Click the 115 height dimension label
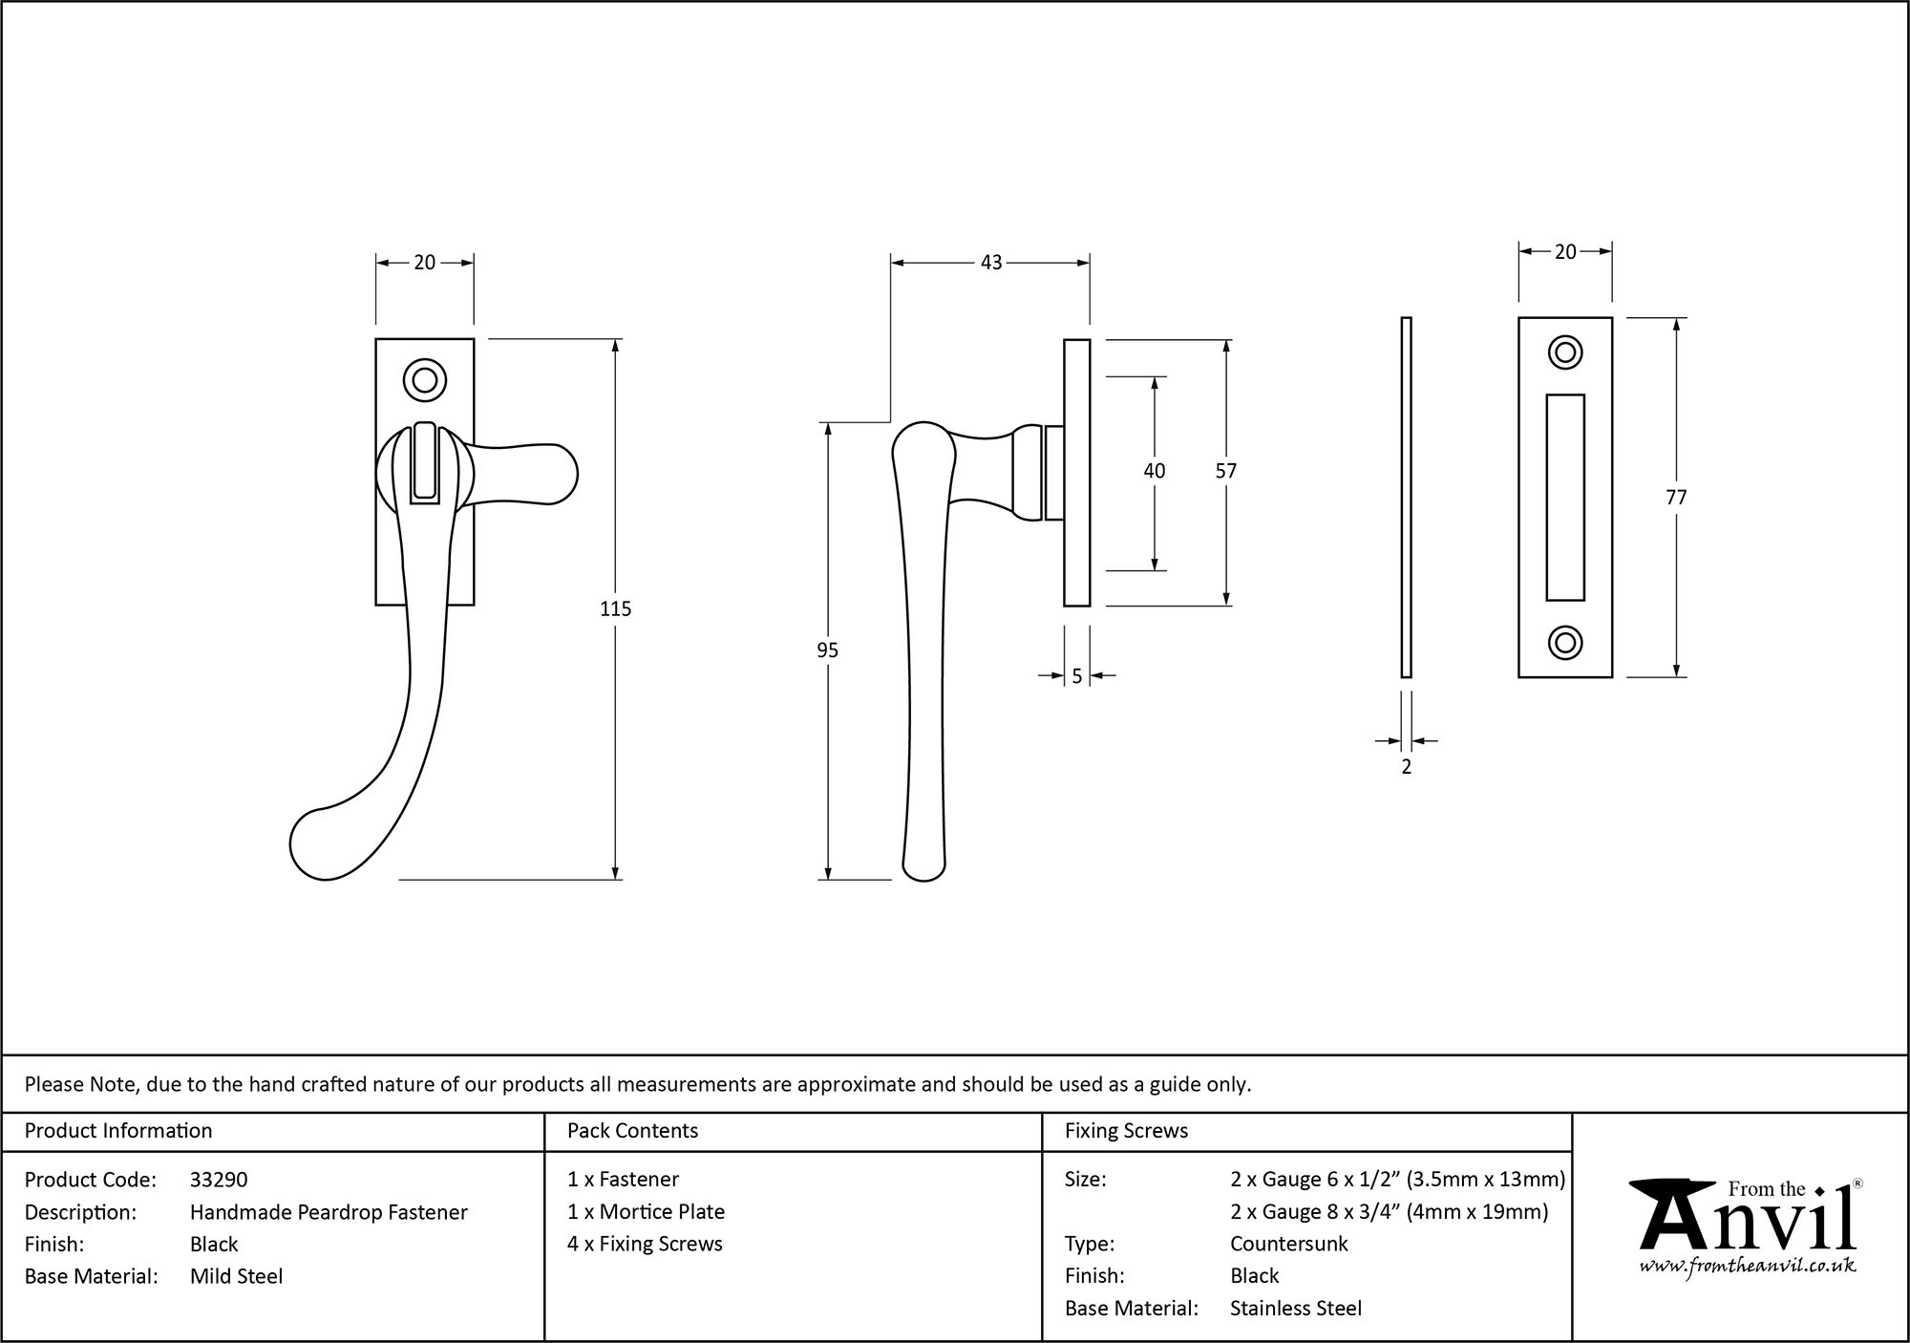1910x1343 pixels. tap(615, 608)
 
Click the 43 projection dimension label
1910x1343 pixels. tap(990, 263)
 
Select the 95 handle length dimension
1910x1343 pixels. tap(827, 650)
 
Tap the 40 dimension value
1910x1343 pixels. tap(1154, 471)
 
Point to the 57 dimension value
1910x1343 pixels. tap(1225, 471)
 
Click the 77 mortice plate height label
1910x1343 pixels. tap(1676, 498)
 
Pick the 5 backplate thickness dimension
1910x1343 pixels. tap(1076, 676)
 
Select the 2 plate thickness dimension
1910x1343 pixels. tap(1406, 766)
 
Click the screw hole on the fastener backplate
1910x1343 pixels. tap(424, 380)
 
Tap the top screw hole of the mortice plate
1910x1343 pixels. tap(1564, 352)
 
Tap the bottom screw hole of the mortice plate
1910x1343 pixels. tap(1564, 643)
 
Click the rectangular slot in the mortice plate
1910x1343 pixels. tap(1564, 497)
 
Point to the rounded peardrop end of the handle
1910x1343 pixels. tap(320, 845)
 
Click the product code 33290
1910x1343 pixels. tap(219, 1180)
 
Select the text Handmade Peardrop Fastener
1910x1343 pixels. tap(329, 1212)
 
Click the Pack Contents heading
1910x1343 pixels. tap(632, 1131)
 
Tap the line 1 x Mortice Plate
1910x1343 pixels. tap(646, 1211)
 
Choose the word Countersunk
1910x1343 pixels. tap(1288, 1244)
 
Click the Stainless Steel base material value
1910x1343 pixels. tap(1295, 1308)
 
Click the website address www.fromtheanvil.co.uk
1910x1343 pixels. tap(1747, 1267)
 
